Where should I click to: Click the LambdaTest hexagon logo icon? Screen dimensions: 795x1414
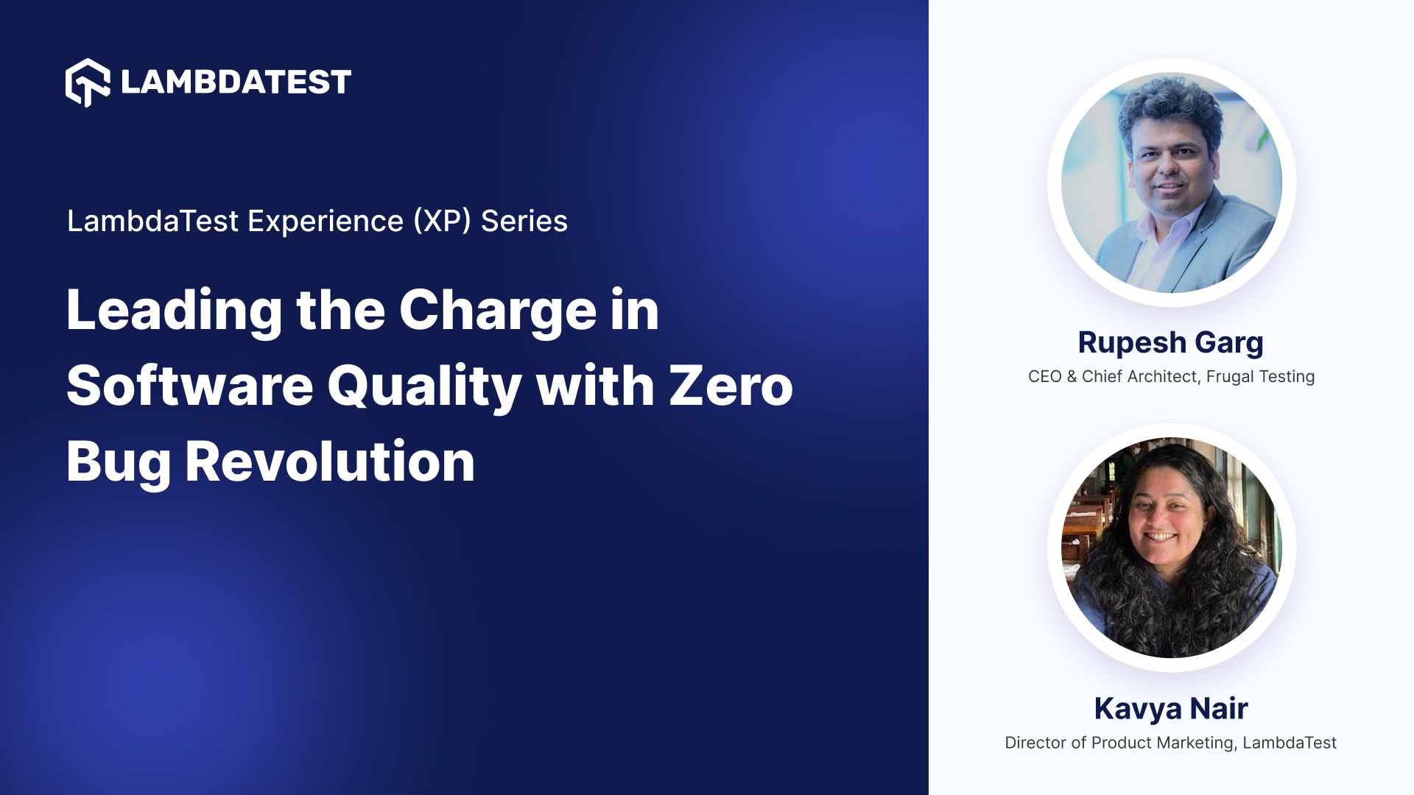[x=88, y=82]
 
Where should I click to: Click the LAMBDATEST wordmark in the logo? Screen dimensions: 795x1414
[x=236, y=82]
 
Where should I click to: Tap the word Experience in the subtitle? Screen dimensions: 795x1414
[x=326, y=222]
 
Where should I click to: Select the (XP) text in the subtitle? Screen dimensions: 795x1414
[x=442, y=222]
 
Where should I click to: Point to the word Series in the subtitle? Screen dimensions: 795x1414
[x=524, y=222]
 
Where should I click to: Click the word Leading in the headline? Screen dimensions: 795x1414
[x=174, y=311]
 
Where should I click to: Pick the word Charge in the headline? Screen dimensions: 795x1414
[x=497, y=311]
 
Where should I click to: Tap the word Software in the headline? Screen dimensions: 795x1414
[x=190, y=386]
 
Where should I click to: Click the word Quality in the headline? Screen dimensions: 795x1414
[x=424, y=386]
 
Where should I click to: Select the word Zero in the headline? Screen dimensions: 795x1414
[x=731, y=386]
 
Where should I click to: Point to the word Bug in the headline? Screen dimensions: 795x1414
[x=118, y=462]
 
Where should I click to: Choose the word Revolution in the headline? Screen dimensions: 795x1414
[x=330, y=462]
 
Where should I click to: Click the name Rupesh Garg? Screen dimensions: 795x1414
[x=1170, y=343]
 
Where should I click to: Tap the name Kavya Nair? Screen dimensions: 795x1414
[x=1170, y=709]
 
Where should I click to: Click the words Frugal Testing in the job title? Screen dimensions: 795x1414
[x=1260, y=377]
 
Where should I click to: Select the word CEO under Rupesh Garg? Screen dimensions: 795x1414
[x=1044, y=377]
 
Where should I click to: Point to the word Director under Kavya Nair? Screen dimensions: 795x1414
[x=1035, y=743]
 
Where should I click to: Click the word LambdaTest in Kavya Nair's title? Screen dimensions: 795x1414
[x=1289, y=743]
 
